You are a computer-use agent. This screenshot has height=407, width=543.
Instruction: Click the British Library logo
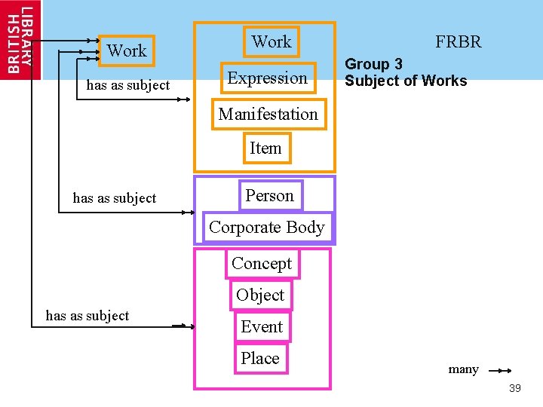(x=20, y=39)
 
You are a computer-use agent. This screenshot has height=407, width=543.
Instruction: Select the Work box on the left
(x=127, y=51)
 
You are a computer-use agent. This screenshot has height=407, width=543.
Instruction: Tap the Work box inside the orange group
(x=271, y=42)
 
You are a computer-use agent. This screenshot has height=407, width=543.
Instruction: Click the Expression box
(x=268, y=78)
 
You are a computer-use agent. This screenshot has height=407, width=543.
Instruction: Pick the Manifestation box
(x=268, y=115)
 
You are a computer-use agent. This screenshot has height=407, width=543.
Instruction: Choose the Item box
(x=265, y=148)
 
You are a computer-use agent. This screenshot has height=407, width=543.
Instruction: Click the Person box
(x=269, y=196)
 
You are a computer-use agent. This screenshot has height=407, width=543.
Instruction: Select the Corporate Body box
(x=267, y=228)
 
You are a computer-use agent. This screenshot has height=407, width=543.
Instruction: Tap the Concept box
(x=262, y=264)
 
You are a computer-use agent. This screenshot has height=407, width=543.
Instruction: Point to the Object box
(x=260, y=295)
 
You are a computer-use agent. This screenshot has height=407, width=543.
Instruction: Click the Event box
(x=262, y=327)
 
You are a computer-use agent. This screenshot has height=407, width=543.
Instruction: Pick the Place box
(x=260, y=359)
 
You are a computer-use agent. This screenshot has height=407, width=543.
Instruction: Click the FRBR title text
(x=458, y=42)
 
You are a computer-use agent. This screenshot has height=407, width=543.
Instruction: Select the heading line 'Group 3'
(x=374, y=65)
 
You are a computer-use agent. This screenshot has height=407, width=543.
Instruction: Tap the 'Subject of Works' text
(x=406, y=81)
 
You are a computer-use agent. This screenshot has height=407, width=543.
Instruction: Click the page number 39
(x=515, y=388)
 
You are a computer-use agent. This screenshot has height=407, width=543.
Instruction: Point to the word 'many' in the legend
(x=463, y=369)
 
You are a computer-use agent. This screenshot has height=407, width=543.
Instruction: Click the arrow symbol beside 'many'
(x=500, y=370)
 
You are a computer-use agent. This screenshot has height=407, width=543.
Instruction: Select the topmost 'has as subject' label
(x=128, y=85)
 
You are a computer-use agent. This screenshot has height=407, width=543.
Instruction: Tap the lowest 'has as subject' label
(x=87, y=316)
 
